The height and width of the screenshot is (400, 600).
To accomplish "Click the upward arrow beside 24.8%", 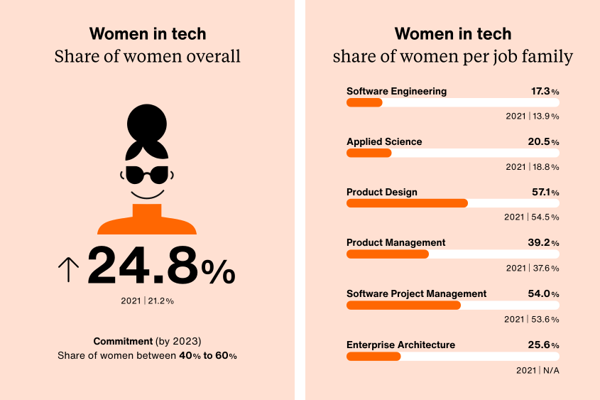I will pyautogui.click(x=68, y=269).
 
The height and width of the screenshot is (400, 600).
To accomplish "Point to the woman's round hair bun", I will pyautogui.click(x=147, y=123).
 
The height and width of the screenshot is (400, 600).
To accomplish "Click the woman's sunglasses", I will pyautogui.click(x=148, y=175).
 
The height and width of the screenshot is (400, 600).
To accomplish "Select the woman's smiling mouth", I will pyautogui.click(x=147, y=194).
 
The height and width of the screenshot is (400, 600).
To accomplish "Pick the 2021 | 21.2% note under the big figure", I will pyautogui.click(x=147, y=301).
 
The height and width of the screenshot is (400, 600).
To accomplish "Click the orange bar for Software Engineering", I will pyautogui.click(x=364, y=102).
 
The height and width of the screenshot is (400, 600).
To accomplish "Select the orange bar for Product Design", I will pyautogui.click(x=407, y=203).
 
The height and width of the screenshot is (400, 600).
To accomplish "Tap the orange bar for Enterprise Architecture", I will pyautogui.click(x=373, y=356).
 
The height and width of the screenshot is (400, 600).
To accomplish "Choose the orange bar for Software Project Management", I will pyautogui.click(x=403, y=305).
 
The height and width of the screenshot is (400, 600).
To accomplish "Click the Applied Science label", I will pyautogui.click(x=384, y=141).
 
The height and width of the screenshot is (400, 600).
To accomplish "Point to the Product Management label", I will pyautogui.click(x=396, y=243).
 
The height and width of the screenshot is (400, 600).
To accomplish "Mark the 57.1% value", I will pyautogui.click(x=543, y=193).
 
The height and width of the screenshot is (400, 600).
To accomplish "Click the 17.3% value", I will pyautogui.click(x=545, y=92).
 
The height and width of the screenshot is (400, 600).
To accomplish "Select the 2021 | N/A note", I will pyautogui.click(x=538, y=370).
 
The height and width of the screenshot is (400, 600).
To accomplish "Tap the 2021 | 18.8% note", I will pyautogui.click(x=533, y=167).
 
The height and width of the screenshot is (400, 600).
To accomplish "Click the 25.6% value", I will pyautogui.click(x=543, y=345).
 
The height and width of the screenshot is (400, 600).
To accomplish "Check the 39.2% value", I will pyautogui.click(x=543, y=243).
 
